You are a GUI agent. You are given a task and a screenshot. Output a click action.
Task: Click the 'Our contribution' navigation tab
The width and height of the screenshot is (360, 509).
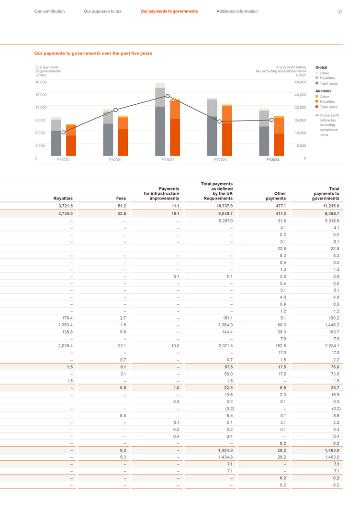pyautogui.click(x=49, y=11)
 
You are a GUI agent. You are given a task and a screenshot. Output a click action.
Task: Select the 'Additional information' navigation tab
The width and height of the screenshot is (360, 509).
pyautogui.click(x=236, y=11)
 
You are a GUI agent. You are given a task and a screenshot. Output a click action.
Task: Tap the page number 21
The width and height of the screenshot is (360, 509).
pyautogui.click(x=340, y=12)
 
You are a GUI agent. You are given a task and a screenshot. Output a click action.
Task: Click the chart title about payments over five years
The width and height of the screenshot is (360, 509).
pyautogui.click(x=93, y=54)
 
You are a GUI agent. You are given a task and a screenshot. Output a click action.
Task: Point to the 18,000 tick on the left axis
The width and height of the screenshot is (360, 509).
pyautogui.click(x=41, y=82)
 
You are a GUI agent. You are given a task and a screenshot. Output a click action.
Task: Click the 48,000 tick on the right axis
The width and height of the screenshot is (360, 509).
pyautogui.click(x=300, y=82)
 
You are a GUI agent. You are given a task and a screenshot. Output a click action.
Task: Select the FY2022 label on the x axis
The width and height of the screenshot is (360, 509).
pyautogui.click(x=168, y=159)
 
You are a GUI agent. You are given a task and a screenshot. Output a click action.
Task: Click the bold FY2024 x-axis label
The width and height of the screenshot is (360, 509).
pyautogui.click(x=272, y=159)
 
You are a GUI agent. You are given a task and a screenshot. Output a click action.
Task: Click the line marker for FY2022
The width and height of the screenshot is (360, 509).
pyautogui.click(x=168, y=96)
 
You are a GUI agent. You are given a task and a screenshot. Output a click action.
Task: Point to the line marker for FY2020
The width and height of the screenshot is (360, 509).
pyautogui.click(x=64, y=133)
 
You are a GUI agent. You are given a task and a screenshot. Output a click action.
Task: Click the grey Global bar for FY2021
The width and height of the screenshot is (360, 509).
pyautogui.click(x=108, y=134)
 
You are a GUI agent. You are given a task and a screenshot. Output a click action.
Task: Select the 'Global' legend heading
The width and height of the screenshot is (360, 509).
pyautogui.click(x=321, y=67)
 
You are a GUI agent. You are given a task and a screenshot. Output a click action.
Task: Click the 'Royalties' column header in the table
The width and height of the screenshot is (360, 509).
pyautogui.click(x=63, y=198)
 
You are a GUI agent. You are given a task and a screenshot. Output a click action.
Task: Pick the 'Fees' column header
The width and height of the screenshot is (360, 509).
pyautogui.click(x=121, y=198)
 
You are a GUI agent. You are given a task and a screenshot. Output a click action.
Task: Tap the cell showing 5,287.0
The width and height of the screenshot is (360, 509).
pyautogui.click(x=225, y=221)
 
